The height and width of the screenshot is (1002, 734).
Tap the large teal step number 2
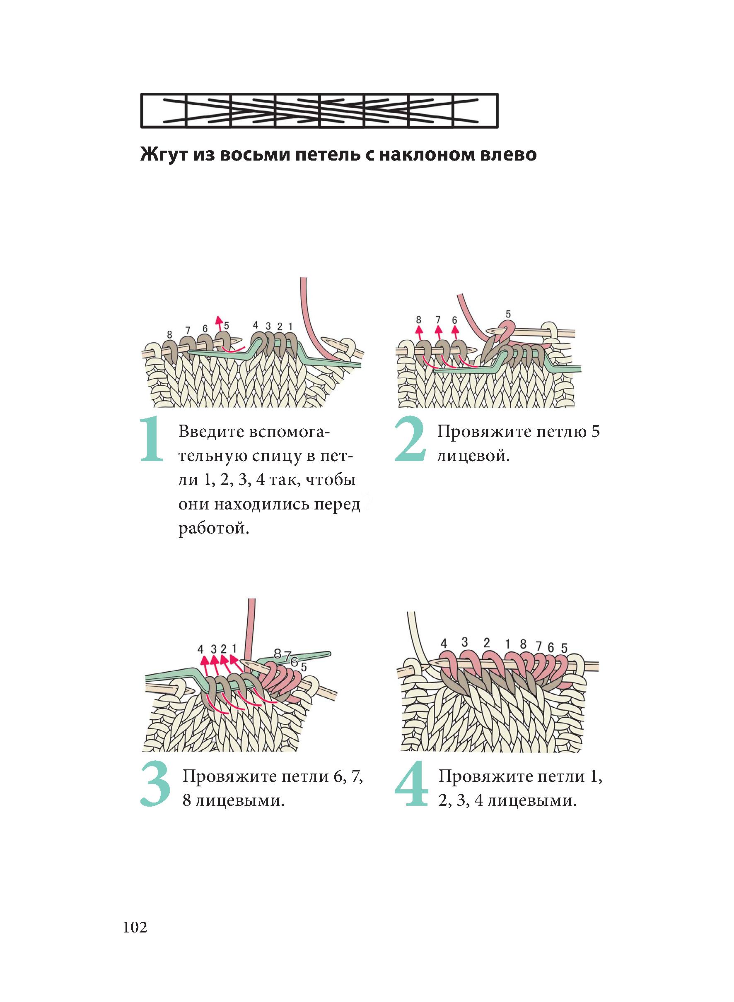point(410,440)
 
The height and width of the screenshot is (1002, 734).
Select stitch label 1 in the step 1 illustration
point(290,326)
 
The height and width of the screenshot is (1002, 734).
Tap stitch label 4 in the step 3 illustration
point(200,649)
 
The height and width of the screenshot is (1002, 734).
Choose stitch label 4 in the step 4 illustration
point(443,643)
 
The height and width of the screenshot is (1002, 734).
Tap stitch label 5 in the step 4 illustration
point(564,649)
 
